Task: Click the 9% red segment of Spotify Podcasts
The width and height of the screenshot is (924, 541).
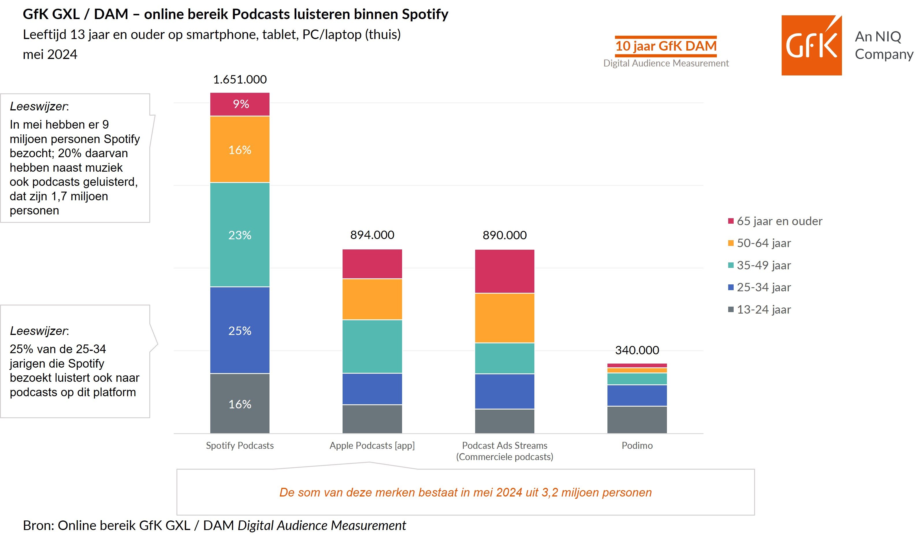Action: coord(240,104)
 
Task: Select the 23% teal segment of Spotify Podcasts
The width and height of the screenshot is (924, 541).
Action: coord(240,235)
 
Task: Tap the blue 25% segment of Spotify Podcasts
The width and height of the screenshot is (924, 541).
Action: coord(240,330)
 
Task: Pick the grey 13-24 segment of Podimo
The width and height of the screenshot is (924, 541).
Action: coord(637,420)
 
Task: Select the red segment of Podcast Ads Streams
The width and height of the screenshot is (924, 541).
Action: coord(505,271)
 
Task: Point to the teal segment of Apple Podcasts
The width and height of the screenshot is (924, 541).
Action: coord(372,347)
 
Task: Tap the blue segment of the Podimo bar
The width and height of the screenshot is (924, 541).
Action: coord(637,395)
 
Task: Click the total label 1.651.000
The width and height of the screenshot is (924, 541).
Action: coord(240,79)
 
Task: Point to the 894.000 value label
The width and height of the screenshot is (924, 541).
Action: coord(372,235)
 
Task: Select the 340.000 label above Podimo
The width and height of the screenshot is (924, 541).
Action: coord(637,350)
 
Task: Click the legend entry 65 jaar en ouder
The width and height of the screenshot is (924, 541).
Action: coord(775,221)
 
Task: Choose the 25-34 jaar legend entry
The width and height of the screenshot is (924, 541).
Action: coord(759,287)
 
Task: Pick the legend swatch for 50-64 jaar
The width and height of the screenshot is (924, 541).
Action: coord(731,243)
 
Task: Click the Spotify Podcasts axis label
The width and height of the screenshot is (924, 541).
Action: coord(240,445)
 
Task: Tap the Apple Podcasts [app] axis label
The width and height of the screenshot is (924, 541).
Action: coord(372,445)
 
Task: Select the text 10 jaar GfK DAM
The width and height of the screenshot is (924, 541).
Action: coord(666,46)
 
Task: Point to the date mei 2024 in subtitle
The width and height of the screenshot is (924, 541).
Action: coord(50,54)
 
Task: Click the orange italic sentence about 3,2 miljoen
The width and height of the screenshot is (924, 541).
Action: coord(465,492)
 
